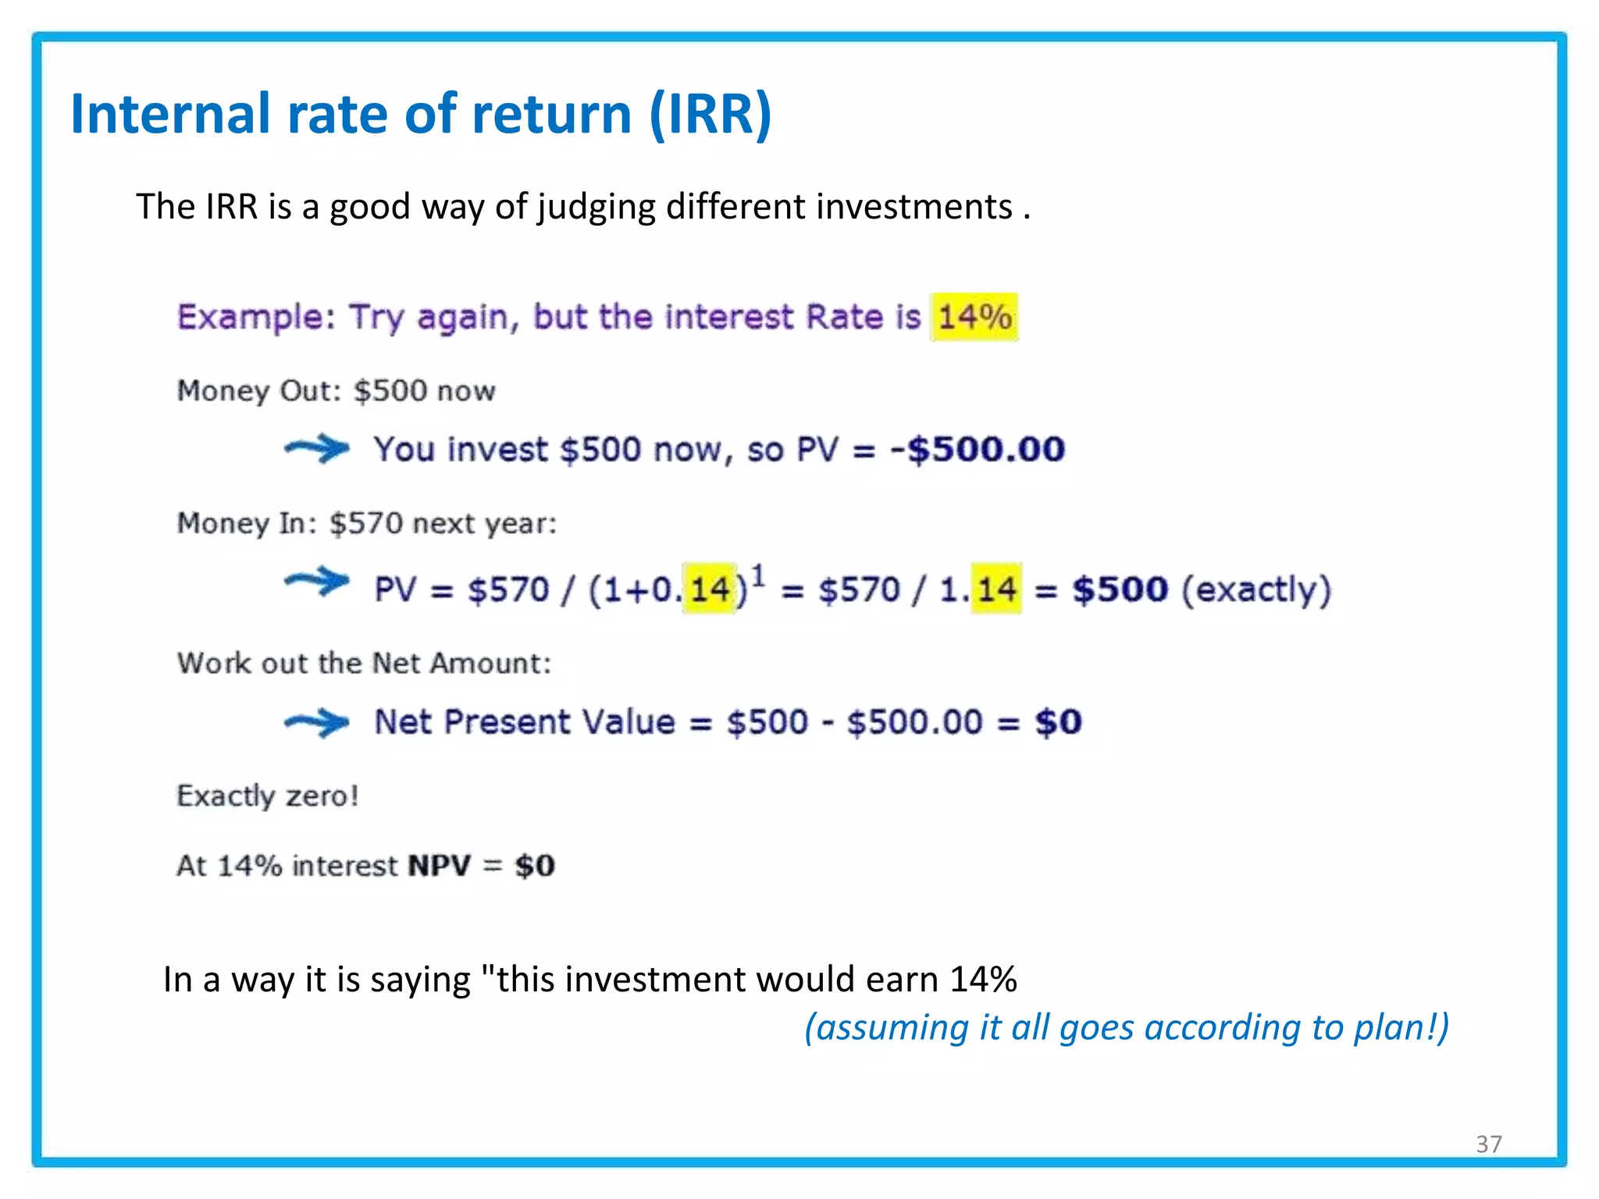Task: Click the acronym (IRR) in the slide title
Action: [710, 115]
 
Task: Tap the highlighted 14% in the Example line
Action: [974, 317]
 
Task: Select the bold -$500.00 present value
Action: [978, 450]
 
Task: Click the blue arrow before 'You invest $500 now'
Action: [317, 449]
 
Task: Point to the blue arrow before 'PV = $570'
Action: [317, 582]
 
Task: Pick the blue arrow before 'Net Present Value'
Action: [317, 722]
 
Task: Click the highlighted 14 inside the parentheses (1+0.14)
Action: [710, 589]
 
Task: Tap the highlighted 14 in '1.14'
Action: [996, 589]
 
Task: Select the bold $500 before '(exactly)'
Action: [1120, 589]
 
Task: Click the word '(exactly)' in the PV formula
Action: [1256, 589]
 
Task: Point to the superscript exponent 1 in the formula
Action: [758, 575]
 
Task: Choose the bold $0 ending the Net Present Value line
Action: [1058, 722]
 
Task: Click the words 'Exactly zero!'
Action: [267, 795]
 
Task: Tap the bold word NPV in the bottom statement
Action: [440, 866]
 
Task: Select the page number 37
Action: [1488, 1144]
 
